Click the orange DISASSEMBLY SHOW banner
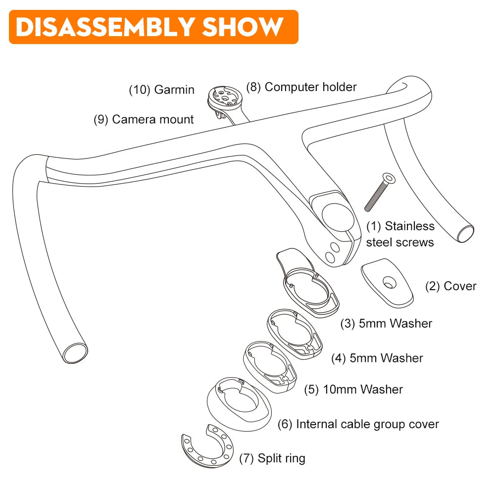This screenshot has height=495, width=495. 153,27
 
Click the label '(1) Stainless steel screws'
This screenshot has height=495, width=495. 400,234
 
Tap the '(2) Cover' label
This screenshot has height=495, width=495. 450,286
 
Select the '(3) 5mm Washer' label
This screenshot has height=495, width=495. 386,324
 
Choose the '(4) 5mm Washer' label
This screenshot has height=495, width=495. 377,358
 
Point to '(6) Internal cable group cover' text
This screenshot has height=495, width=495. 358,424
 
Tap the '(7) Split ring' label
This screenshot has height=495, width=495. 272,458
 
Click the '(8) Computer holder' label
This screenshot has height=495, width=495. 301,87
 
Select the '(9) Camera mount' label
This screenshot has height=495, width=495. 144,119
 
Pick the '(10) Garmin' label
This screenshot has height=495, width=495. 161,90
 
